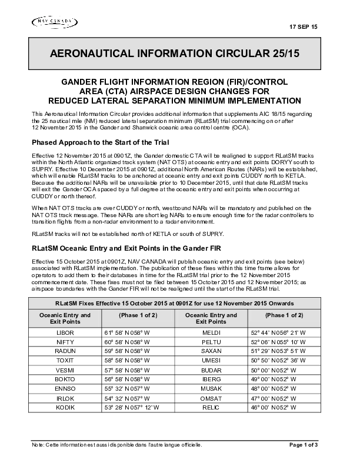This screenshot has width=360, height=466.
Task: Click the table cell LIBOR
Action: coord(65,333)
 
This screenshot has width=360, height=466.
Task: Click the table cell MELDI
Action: coord(211,333)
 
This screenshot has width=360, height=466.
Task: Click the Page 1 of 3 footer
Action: coord(304,445)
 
